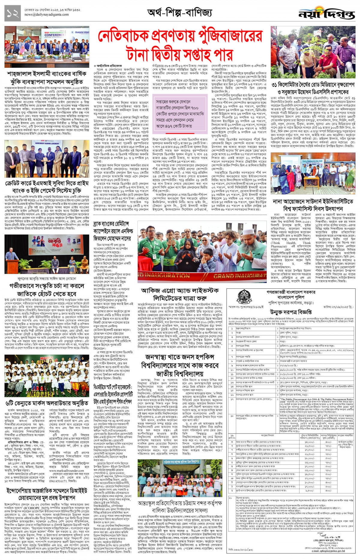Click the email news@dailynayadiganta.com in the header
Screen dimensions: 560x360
pos(46,14)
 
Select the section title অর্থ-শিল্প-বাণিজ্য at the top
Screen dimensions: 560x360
pos(180,13)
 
